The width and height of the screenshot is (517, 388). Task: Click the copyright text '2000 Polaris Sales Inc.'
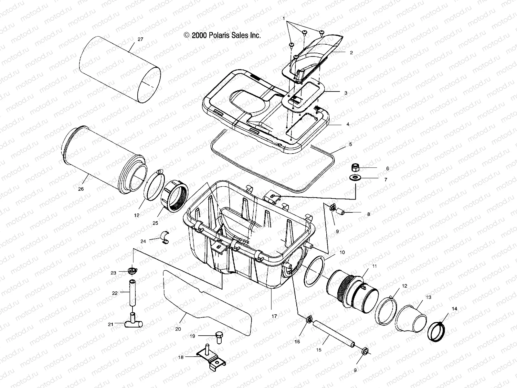(x=223, y=36)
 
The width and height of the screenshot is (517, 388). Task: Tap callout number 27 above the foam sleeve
(x=140, y=39)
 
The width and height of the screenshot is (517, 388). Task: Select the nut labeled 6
(x=356, y=168)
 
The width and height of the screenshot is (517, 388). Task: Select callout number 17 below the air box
(x=274, y=316)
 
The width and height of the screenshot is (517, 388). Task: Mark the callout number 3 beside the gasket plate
(x=345, y=93)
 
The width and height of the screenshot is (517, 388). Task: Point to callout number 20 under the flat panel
(x=178, y=329)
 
